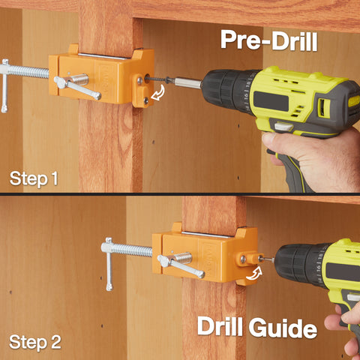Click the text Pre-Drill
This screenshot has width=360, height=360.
269,40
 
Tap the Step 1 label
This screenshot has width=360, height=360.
34,178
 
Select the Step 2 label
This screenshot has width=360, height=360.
35,342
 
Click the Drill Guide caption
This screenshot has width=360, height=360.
257,327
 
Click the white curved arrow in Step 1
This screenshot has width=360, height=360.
158,93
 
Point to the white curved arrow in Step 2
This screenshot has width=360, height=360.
255,273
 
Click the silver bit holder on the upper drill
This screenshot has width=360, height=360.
187,82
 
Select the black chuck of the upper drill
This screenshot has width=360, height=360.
228,90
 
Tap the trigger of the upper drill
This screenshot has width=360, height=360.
283,127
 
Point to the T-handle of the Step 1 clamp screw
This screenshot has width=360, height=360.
4,85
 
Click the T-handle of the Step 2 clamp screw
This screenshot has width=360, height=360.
109,264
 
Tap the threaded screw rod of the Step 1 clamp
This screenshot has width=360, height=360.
28,71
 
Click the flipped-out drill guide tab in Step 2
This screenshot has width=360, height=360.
250,259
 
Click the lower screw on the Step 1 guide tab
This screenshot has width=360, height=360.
145,100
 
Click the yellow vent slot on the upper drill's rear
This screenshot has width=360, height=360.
324,108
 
